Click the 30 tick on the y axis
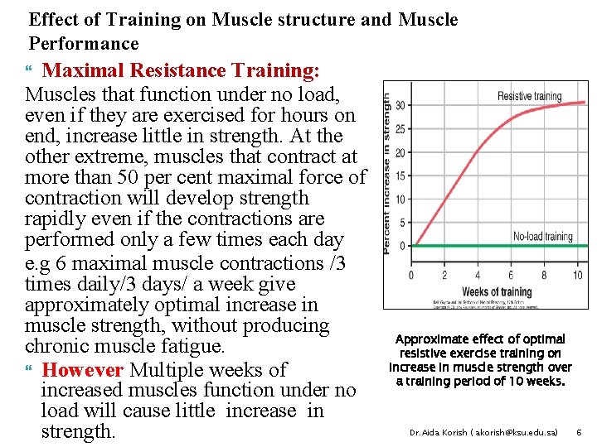400,105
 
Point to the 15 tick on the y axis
400,175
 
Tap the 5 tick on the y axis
402,223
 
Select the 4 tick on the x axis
477,276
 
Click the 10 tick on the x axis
577,276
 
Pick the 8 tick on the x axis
544,276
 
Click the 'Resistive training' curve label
529,97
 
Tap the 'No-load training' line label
542,237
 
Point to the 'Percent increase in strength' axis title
387,172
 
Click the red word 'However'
82,369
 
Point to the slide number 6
579,432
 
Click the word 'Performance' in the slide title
84,43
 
